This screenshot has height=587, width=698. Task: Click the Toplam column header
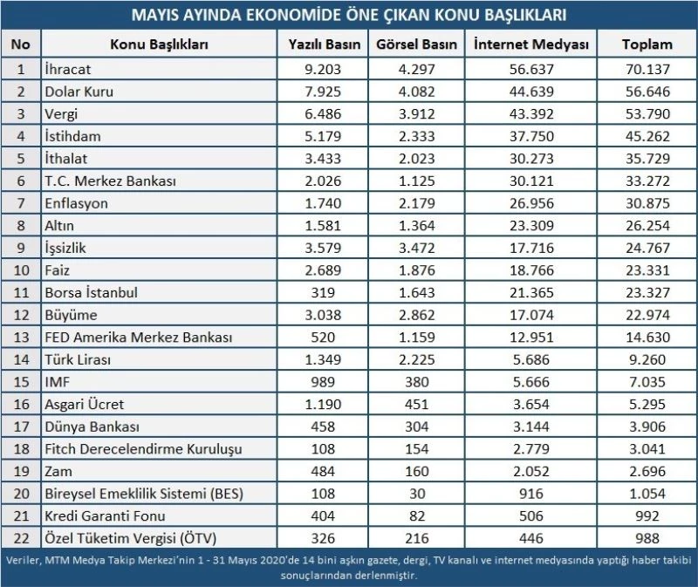(x=647, y=44)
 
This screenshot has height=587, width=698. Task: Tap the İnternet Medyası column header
(x=530, y=44)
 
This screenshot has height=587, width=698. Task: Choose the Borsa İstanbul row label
(x=90, y=293)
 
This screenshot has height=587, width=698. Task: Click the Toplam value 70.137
(x=647, y=67)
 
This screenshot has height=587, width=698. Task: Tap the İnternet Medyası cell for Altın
(x=530, y=225)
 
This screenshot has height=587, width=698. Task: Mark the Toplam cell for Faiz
(x=647, y=270)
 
